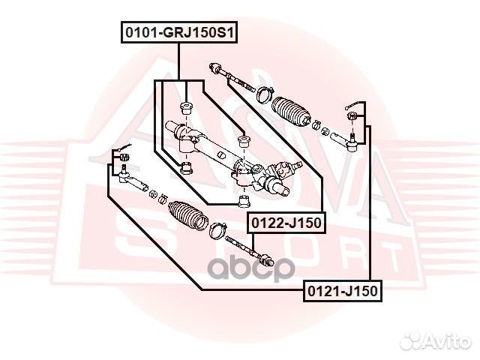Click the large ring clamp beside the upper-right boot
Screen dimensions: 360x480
[263, 94]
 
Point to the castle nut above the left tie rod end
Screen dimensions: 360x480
[123, 157]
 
